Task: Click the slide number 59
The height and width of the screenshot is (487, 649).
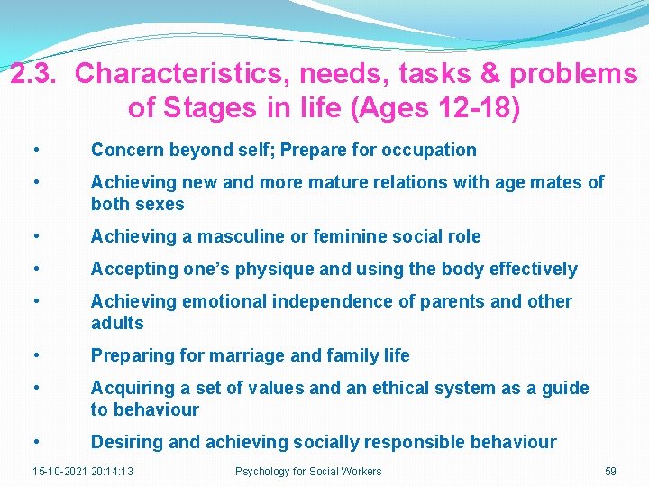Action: coord(610,471)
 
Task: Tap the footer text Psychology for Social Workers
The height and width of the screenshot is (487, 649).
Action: coord(308,471)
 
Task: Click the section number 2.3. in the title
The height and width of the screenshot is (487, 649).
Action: coord(36,74)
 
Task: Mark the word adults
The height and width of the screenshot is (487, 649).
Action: coord(117,323)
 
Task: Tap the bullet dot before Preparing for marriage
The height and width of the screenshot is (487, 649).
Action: coord(34,355)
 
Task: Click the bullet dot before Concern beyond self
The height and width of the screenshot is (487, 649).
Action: coord(34,150)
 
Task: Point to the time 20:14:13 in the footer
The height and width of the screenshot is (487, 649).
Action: coord(112,471)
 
